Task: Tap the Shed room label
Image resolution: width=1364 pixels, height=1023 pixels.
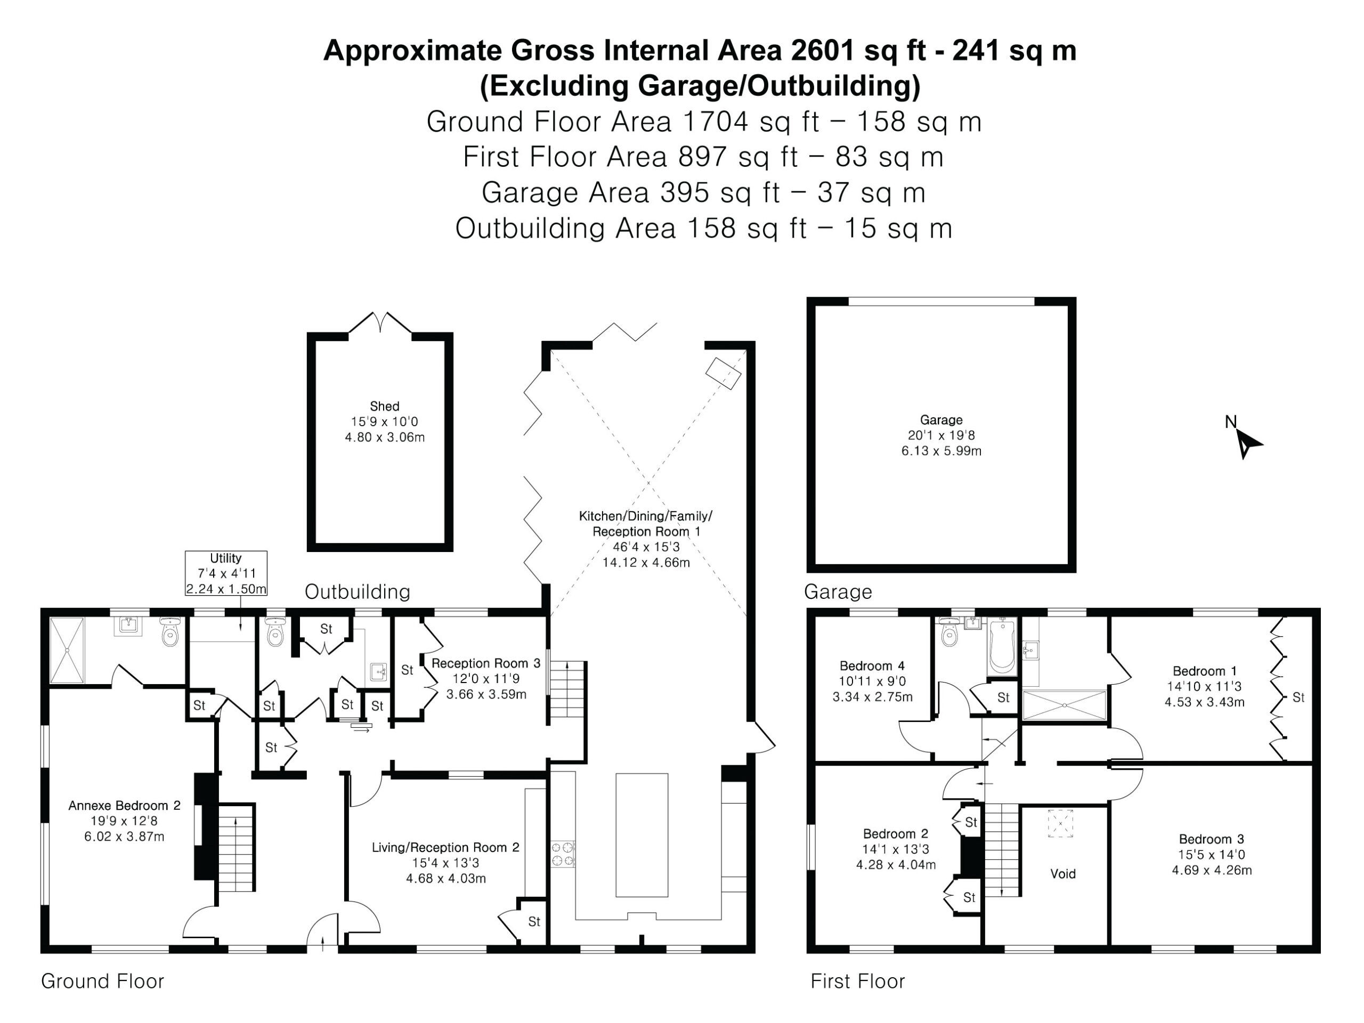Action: [384, 407]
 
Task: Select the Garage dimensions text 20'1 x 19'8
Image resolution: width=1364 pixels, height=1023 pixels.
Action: [941, 435]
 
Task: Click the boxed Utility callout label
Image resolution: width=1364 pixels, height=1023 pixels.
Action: [226, 573]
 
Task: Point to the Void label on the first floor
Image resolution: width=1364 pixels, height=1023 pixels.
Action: [1062, 874]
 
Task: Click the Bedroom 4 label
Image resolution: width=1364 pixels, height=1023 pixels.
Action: [872, 666]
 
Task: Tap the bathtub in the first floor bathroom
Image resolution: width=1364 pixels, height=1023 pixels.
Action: [1003, 646]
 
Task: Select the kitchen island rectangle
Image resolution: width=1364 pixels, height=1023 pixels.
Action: [642, 835]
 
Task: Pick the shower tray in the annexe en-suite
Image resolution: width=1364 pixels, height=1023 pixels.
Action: [67, 650]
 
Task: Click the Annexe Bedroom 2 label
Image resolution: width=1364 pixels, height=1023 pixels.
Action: [124, 805]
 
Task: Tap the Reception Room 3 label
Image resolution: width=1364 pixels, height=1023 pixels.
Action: [486, 663]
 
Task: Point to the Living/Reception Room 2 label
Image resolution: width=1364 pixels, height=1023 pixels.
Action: [445, 847]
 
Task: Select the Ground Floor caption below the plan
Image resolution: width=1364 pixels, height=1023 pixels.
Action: [102, 981]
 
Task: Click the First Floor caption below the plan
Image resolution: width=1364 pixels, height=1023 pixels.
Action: [857, 981]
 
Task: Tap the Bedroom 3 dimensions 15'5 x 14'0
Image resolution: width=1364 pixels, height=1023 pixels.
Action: [1211, 855]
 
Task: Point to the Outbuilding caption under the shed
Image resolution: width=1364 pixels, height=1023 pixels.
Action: [357, 592]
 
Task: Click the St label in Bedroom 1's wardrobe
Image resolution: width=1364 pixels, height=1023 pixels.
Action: [1298, 697]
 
